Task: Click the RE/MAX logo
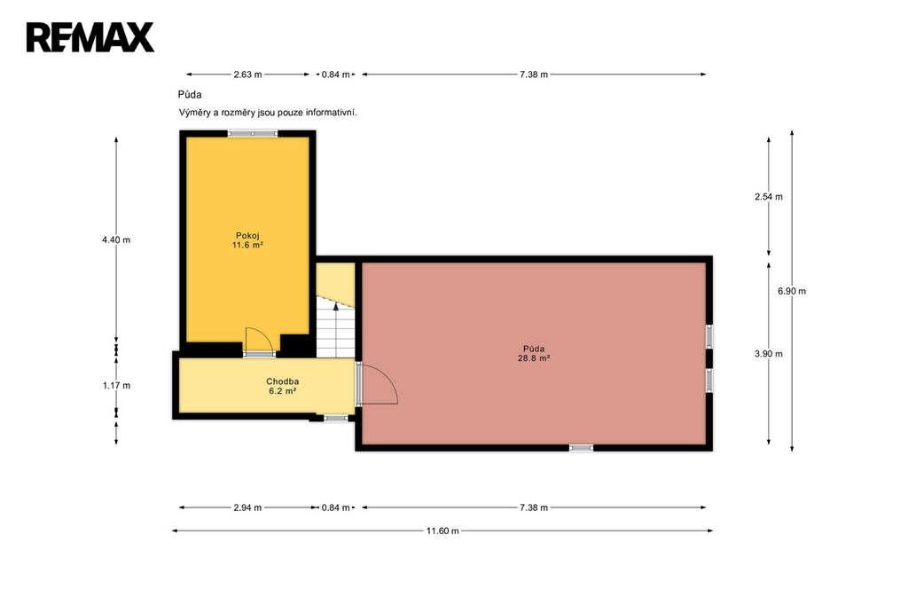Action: click(x=90, y=37)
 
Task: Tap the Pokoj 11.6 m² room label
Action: click(x=248, y=240)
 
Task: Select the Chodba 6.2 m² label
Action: click(x=283, y=386)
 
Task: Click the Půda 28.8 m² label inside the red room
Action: click(x=533, y=353)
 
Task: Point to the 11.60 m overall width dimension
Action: click(x=442, y=530)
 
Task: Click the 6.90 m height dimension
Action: click(x=792, y=291)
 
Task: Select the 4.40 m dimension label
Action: click(x=116, y=240)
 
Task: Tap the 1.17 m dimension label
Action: click(x=116, y=385)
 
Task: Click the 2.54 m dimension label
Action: click(x=769, y=197)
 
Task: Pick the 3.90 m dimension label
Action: click(x=769, y=353)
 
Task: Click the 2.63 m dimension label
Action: click(x=248, y=75)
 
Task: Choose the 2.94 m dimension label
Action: click(x=248, y=507)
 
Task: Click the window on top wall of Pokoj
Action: click(x=253, y=134)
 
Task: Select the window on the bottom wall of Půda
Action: click(x=581, y=447)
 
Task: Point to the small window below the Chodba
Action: click(x=336, y=418)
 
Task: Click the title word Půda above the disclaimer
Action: click(x=190, y=94)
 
